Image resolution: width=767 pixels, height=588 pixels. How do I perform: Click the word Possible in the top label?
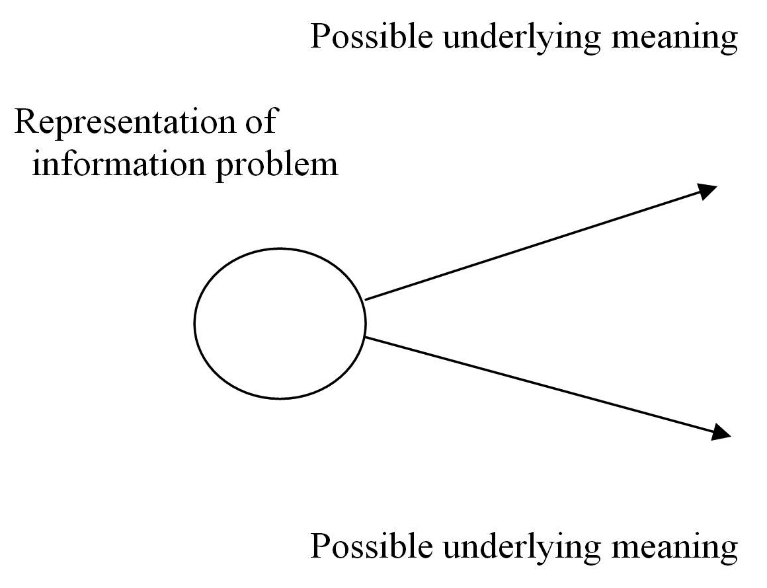coord(372,37)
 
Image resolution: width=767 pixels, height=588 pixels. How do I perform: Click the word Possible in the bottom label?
coord(372,547)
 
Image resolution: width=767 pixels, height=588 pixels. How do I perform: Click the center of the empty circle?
coord(280,323)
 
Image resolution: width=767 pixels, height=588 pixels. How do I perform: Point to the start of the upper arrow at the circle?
coord(366,299)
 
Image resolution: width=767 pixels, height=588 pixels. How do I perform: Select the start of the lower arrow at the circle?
coord(366,338)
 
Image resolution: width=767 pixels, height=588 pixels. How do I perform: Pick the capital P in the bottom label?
coord(320,546)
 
